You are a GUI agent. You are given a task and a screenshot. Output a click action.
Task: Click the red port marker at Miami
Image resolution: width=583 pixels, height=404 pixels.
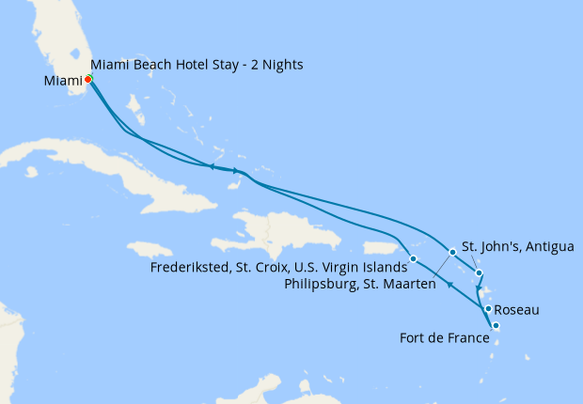tap(87, 79)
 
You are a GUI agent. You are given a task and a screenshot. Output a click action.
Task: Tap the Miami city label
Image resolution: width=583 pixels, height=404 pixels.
tap(62, 81)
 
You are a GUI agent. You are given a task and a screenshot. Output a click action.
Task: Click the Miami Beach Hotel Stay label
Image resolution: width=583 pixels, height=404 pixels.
tap(197, 64)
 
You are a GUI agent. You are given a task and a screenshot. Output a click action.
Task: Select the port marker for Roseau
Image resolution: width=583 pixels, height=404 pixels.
tap(488, 308)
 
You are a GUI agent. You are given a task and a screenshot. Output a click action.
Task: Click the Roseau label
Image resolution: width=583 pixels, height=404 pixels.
tap(516, 308)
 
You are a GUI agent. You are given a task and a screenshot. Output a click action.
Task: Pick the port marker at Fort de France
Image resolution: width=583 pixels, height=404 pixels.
tap(496, 326)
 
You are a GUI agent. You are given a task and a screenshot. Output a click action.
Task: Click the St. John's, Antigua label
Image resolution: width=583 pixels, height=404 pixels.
tap(517, 247)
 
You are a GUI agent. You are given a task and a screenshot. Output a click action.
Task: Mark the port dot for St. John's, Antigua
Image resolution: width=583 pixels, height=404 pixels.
tap(480, 273)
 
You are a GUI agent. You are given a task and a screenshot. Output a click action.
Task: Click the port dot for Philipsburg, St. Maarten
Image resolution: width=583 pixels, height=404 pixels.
tap(452, 252)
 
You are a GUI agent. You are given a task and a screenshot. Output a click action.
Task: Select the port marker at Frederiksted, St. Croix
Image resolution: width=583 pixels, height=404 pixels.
tap(413, 257)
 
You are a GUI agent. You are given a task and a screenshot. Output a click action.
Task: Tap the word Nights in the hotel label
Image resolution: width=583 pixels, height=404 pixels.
tap(283, 64)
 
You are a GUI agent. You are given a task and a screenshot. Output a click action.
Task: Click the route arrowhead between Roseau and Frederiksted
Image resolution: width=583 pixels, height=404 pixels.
tap(450, 285)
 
